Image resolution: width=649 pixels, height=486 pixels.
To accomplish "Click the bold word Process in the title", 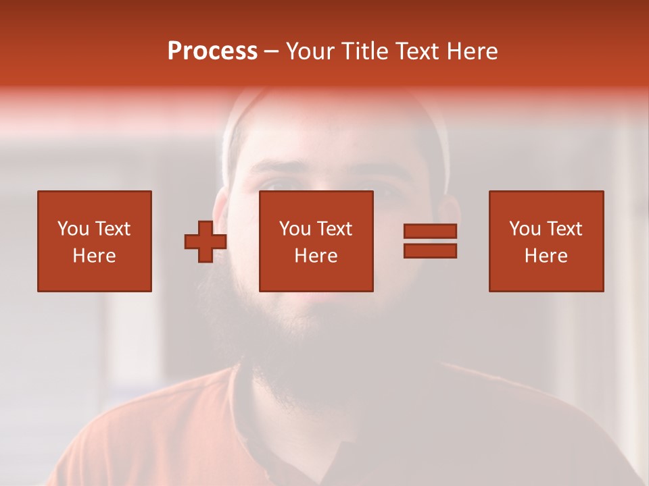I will (x=212, y=51).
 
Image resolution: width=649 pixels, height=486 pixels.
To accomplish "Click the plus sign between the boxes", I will (x=206, y=241).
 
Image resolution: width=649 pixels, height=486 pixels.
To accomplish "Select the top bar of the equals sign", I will (x=430, y=232).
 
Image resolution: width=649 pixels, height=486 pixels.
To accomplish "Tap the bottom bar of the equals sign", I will (x=430, y=250).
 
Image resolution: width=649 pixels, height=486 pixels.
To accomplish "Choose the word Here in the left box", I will (x=94, y=256).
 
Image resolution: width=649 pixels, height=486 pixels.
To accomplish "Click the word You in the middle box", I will (x=295, y=229).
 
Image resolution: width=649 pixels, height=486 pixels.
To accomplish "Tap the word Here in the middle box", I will (x=316, y=256).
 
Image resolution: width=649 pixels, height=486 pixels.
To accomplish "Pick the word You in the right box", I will (x=525, y=229).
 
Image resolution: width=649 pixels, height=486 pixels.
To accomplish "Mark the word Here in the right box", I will (x=546, y=256).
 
